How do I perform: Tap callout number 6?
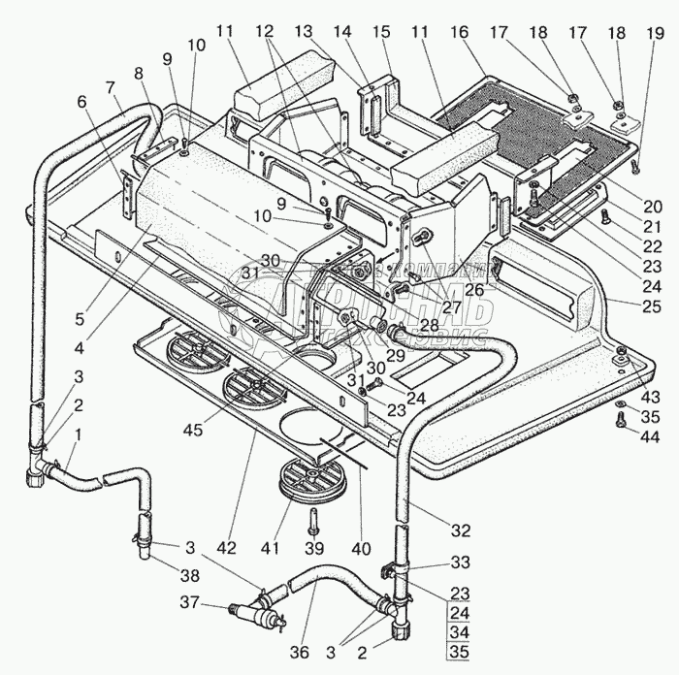click(81, 100)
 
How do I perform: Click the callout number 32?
click(461, 530)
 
